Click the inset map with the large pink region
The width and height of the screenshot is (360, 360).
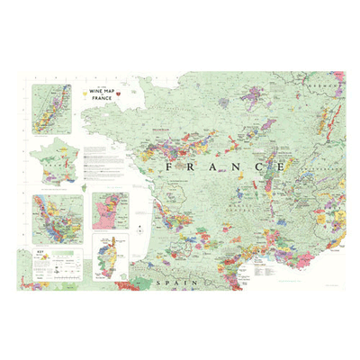(112, 211)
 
